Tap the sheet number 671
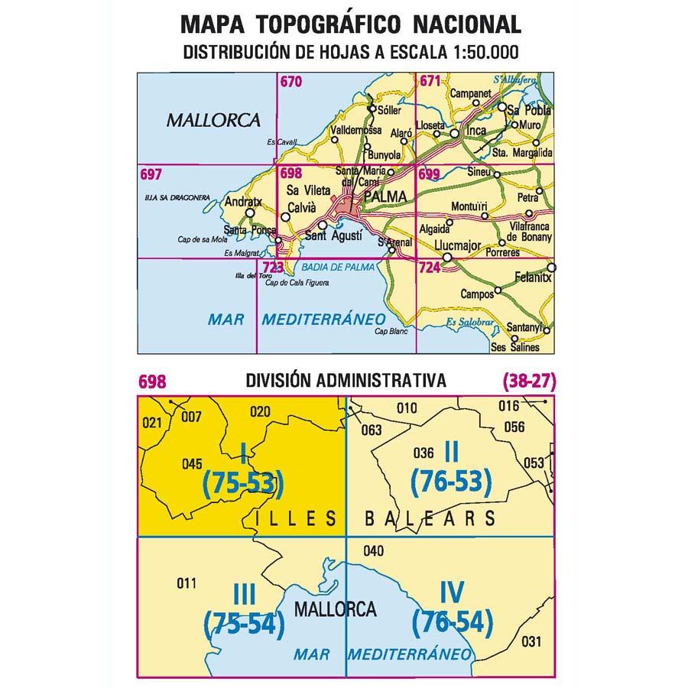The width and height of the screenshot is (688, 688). (x=430, y=82)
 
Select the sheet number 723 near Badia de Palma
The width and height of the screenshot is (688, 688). (x=272, y=267)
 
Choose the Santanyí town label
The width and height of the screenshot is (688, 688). (x=524, y=329)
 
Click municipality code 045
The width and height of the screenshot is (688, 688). (x=192, y=463)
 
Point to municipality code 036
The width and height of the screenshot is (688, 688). (x=423, y=452)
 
